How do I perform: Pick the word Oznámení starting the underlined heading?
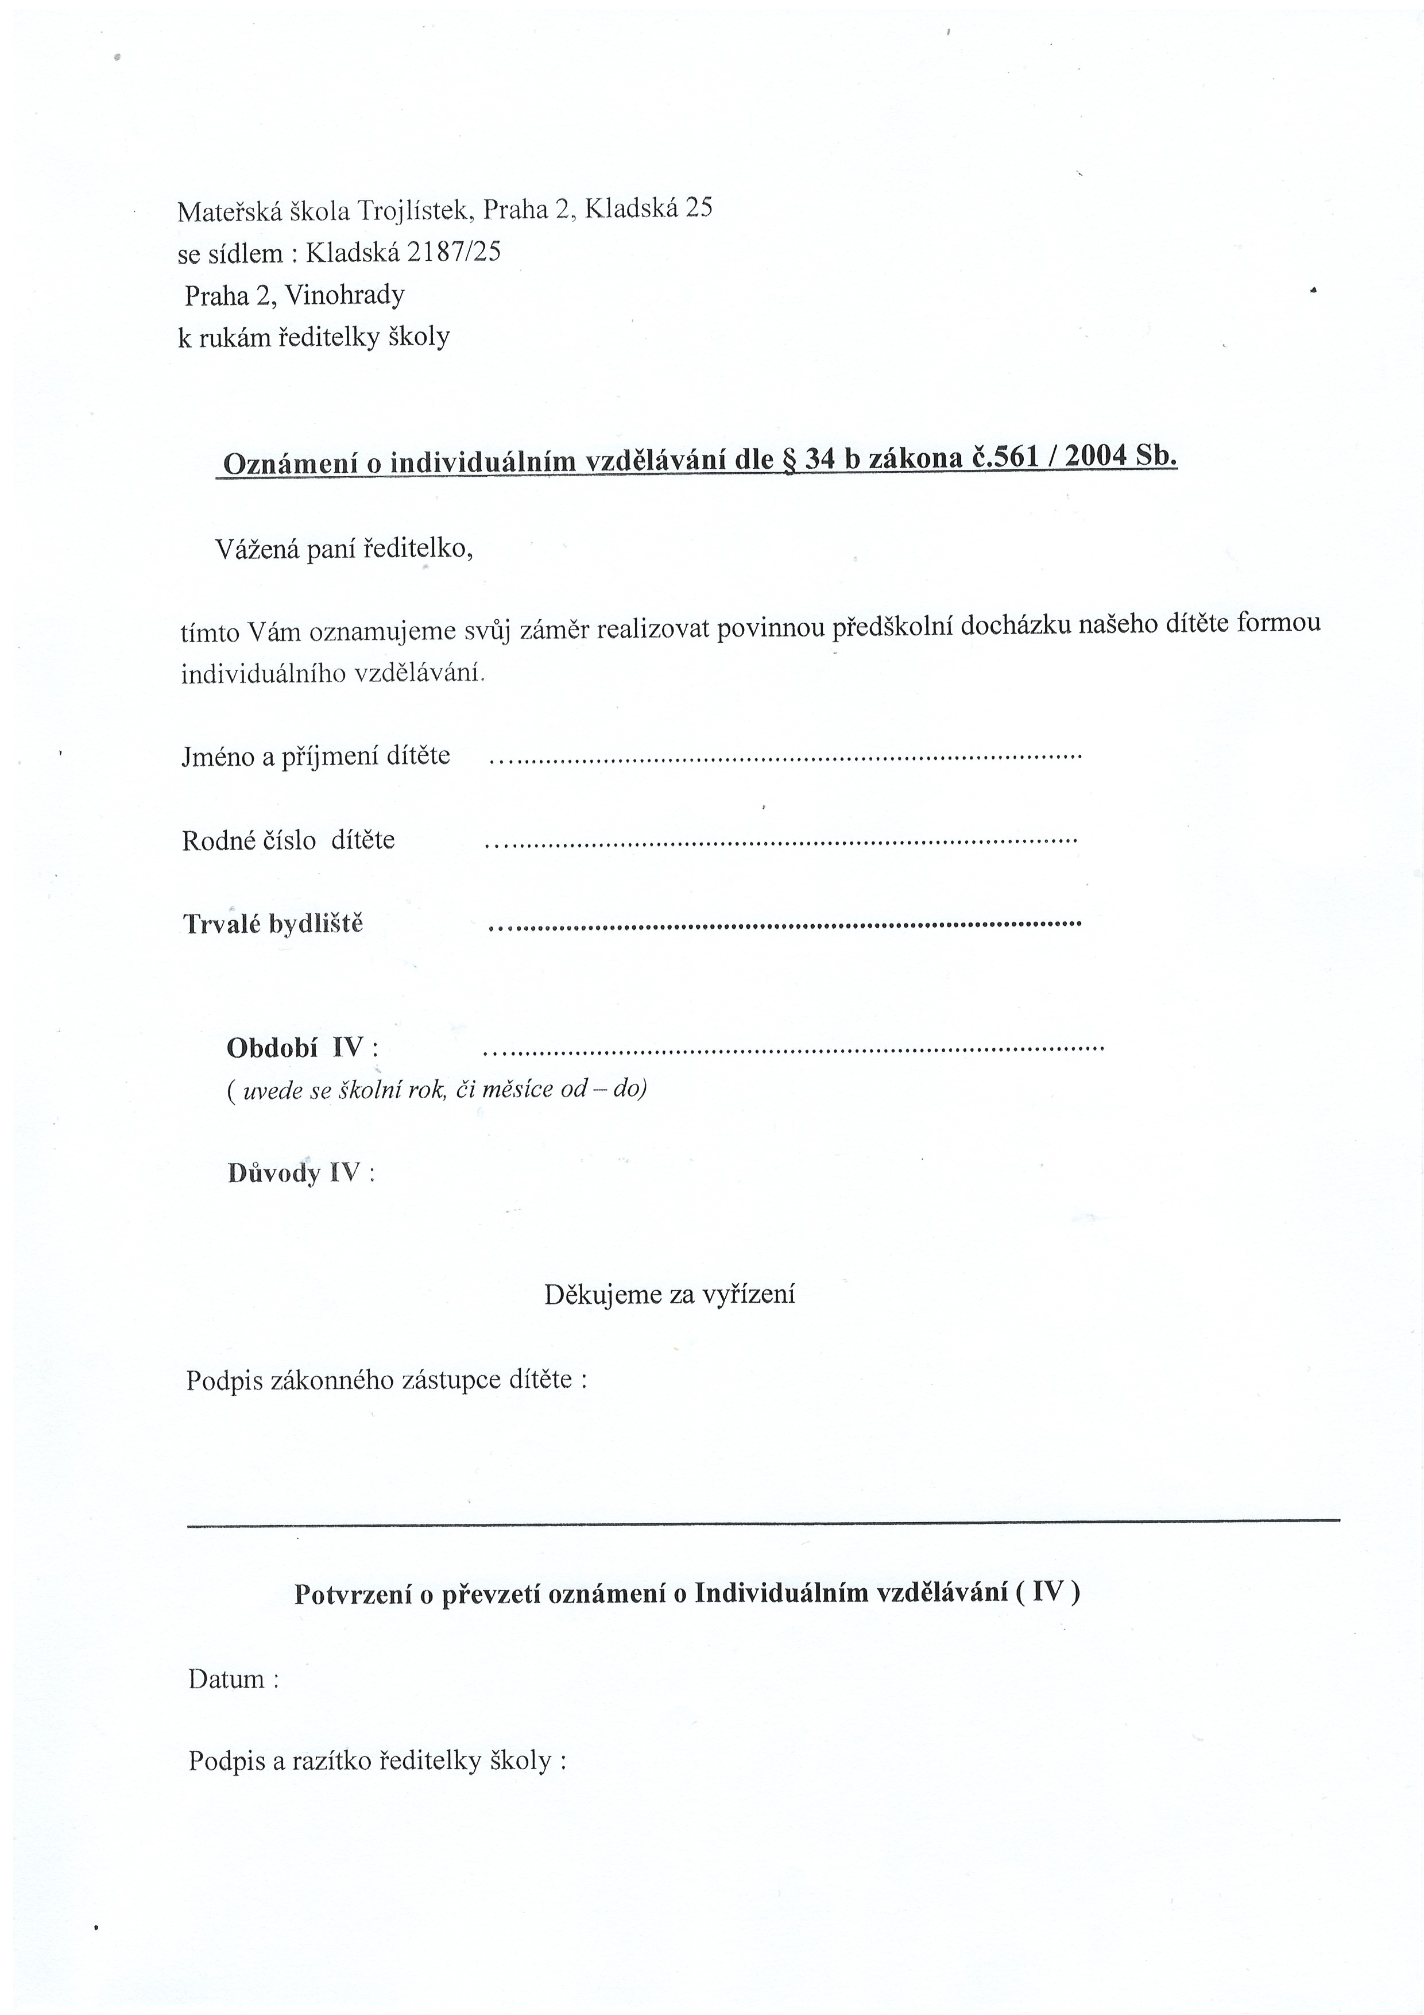click(293, 464)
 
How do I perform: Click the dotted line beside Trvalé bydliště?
click(784, 925)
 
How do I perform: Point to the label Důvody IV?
click(300, 1174)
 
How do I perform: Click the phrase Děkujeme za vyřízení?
click(670, 1295)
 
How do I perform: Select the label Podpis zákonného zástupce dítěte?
click(386, 1380)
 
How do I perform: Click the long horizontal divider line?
click(763, 1520)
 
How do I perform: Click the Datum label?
click(233, 1680)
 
